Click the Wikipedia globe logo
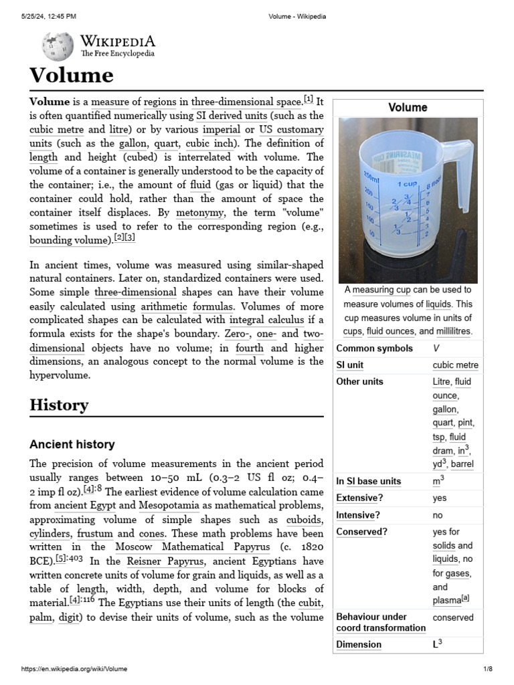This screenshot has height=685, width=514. (x=58, y=46)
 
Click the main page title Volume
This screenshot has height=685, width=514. (x=71, y=75)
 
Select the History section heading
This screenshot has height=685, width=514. (x=59, y=405)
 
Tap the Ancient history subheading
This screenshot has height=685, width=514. (x=72, y=444)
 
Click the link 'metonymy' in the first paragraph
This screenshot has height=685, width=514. (x=202, y=213)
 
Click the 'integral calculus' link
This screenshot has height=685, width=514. (x=266, y=319)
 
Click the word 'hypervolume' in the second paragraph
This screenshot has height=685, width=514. (x=60, y=375)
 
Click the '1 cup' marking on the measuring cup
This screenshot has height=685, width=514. (x=408, y=183)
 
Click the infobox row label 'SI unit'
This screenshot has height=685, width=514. (x=351, y=365)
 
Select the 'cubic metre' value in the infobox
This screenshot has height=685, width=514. (x=455, y=365)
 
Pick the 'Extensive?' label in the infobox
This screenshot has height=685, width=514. (x=359, y=498)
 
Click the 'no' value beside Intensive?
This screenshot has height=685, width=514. (x=438, y=515)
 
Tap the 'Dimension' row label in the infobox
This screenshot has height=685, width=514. (x=359, y=644)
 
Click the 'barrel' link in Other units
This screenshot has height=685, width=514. (x=464, y=464)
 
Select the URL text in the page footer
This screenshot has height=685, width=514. (x=75, y=669)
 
